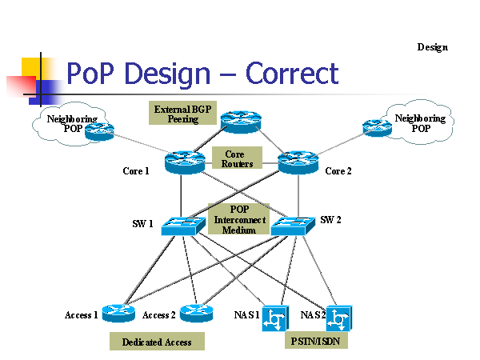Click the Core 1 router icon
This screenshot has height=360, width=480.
(x=186, y=162)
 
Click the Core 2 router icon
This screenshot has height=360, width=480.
(x=298, y=162)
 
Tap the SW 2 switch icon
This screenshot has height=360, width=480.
(x=290, y=226)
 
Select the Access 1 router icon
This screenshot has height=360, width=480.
(x=118, y=313)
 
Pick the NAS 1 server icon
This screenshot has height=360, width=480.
(x=275, y=317)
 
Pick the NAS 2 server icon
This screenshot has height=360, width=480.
(x=339, y=317)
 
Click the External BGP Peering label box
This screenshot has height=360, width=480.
(x=182, y=113)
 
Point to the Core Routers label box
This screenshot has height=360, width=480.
(x=237, y=158)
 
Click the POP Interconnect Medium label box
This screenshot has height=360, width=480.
(x=238, y=218)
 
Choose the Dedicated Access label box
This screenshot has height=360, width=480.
(x=157, y=342)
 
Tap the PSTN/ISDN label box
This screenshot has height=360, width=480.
(x=317, y=341)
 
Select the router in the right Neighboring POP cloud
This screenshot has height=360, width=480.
(x=376, y=126)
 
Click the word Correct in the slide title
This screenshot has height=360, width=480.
(x=292, y=74)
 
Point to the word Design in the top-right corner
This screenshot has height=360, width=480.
(x=432, y=47)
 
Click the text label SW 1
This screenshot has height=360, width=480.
(x=142, y=223)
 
